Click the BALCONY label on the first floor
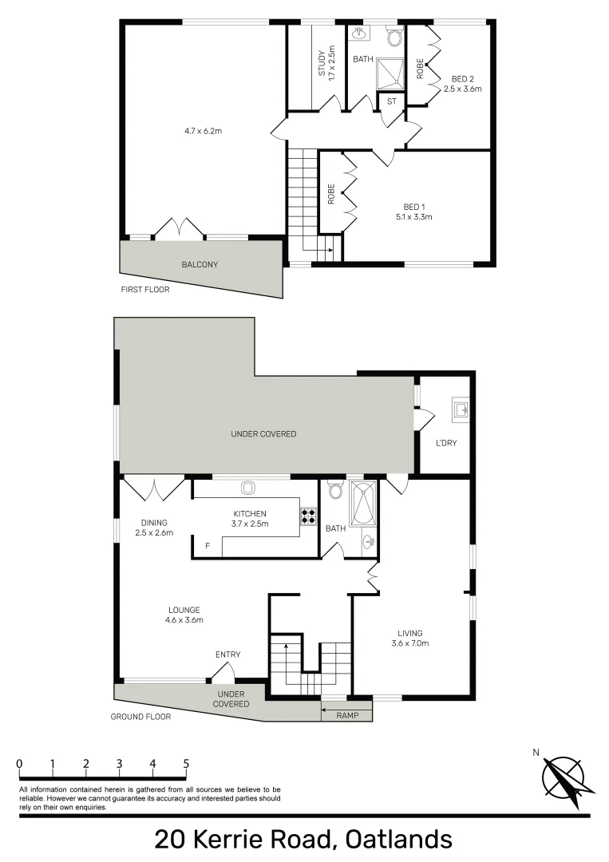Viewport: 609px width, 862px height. pyautogui.click(x=200, y=264)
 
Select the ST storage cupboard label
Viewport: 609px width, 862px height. pyautogui.click(x=392, y=101)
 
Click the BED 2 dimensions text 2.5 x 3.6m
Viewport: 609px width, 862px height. pyautogui.click(x=463, y=89)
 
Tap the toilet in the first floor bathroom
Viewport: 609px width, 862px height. pyautogui.click(x=394, y=35)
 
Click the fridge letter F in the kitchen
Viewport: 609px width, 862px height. pyautogui.click(x=208, y=546)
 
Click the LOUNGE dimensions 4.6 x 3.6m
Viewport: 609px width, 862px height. pyautogui.click(x=184, y=619)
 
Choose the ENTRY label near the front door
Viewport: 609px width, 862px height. pyautogui.click(x=227, y=654)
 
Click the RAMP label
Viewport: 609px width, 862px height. pyautogui.click(x=347, y=716)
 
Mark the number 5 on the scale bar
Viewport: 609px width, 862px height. pyautogui.click(x=186, y=763)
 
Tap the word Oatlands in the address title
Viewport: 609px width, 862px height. pyautogui.click(x=397, y=840)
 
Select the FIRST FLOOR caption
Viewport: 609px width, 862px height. pyautogui.click(x=145, y=290)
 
